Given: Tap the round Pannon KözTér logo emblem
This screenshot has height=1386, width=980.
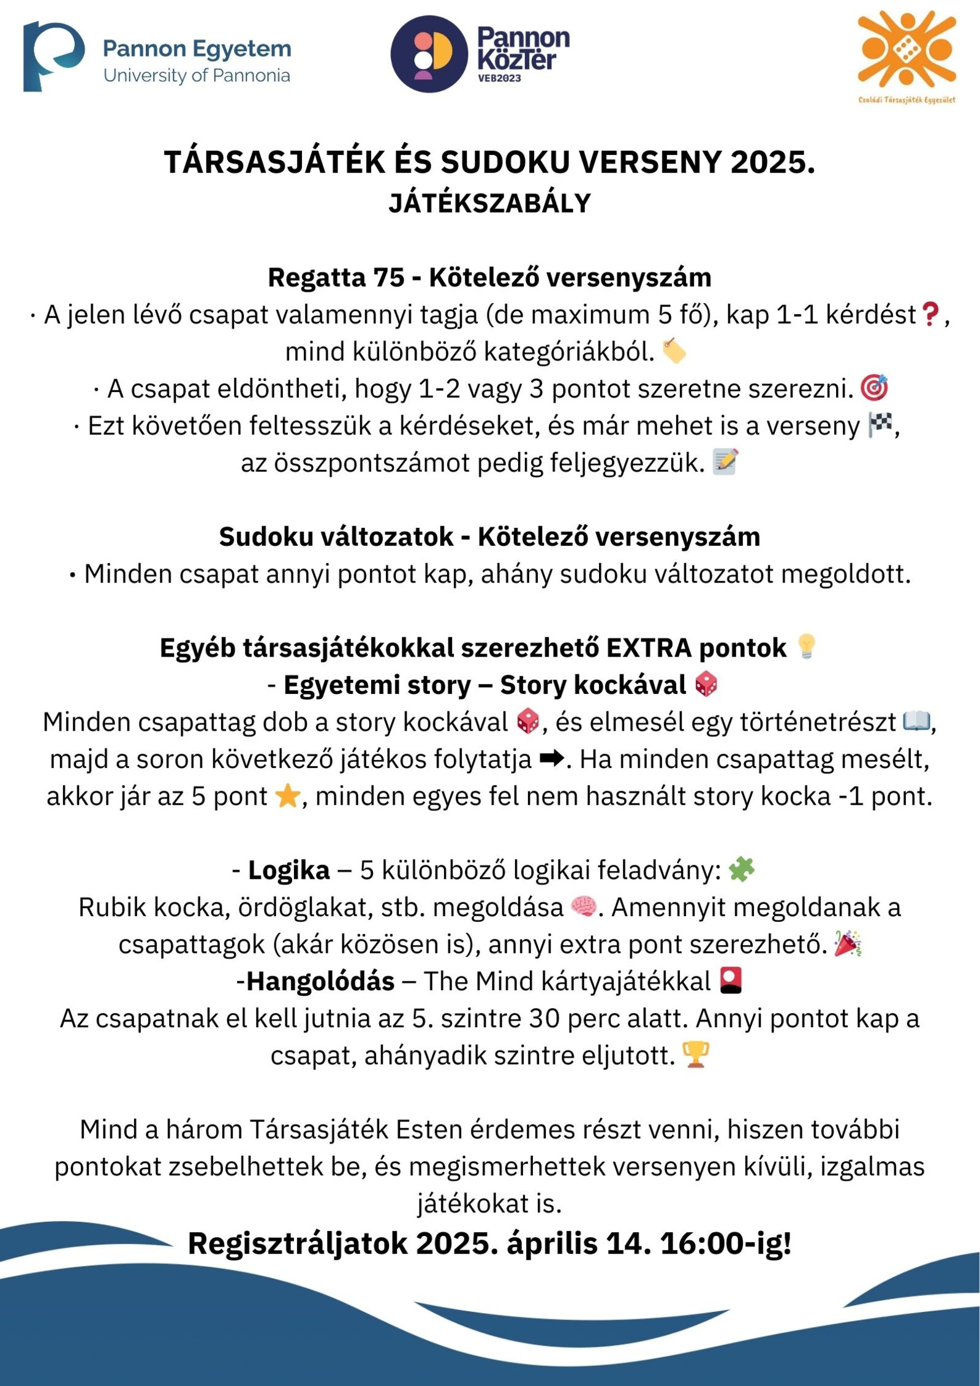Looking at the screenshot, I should (x=429, y=54).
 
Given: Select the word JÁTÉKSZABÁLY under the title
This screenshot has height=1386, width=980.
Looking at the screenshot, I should (x=489, y=203).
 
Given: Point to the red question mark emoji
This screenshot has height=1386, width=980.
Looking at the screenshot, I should (x=930, y=315).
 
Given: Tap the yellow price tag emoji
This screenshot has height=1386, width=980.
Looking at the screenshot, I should (x=674, y=352).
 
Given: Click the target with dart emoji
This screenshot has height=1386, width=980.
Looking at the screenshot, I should (x=874, y=388).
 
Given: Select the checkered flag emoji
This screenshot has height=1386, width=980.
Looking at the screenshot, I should (x=880, y=425).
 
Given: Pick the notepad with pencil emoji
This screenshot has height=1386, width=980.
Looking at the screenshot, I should (x=725, y=462).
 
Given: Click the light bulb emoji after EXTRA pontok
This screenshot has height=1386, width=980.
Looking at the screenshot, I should (x=806, y=647).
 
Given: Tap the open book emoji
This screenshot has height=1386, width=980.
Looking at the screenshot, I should (x=916, y=721).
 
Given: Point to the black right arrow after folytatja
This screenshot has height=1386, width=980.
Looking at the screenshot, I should (x=552, y=759).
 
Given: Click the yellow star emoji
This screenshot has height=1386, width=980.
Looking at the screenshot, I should (x=287, y=796).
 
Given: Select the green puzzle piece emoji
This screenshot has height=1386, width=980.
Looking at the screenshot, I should (x=741, y=870).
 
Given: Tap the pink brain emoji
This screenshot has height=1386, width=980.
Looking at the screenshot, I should (x=582, y=907).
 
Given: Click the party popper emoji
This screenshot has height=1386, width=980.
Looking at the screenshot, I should (x=848, y=944).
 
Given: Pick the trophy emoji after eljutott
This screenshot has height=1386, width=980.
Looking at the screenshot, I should (x=695, y=1055).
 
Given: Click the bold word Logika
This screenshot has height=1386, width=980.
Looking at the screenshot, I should (x=288, y=870).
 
